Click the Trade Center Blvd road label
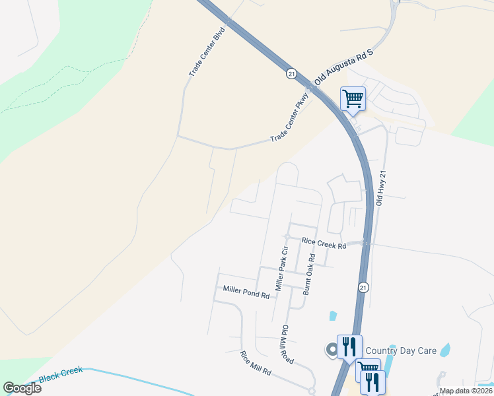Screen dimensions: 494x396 [x=207, y=51]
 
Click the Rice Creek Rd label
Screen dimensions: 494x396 [x=324, y=244]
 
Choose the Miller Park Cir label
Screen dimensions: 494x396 [x=282, y=269]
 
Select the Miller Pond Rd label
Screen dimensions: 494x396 [x=246, y=292]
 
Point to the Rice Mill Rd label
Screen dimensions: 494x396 [x=256, y=363]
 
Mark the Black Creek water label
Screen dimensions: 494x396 [x=61, y=375]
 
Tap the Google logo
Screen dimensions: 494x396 [x=22, y=388]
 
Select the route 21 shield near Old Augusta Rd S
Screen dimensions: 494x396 [x=291, y=74]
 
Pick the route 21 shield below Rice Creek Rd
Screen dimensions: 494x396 [x=363, y=287]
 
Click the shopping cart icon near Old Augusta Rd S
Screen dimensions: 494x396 [x=353, y=99]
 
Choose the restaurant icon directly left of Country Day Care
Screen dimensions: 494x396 [x=349, y=346]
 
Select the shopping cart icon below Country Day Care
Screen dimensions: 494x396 [x=367, y=370]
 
